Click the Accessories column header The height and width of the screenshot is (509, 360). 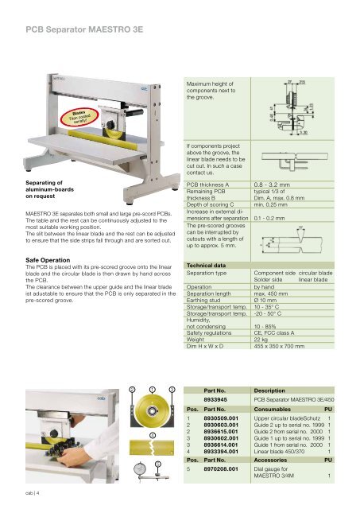click(x=277, y=460)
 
